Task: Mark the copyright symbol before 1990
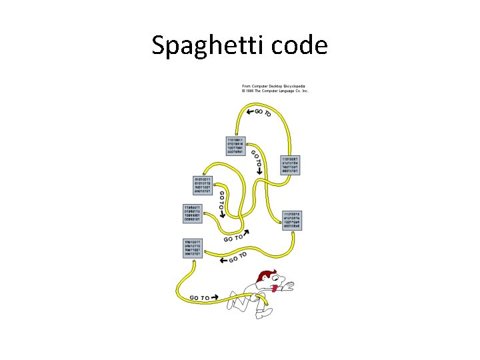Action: [244, 91]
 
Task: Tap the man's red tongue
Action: [274, 290]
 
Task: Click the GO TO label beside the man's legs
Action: [200, 298]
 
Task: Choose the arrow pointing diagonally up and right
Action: [248, 233]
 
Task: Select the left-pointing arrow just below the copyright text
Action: [249, 111]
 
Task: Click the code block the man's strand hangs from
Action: [194, 247]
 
